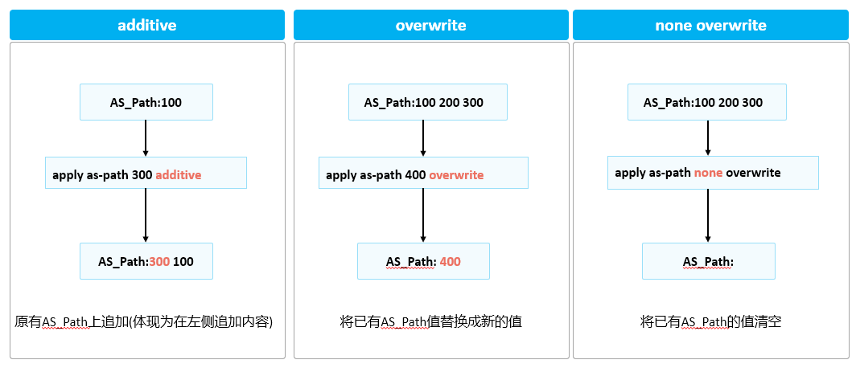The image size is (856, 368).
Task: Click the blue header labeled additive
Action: coord(147,25)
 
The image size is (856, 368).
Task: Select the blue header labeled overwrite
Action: coord(430,25)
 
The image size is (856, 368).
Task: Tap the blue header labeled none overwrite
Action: coord(710,25)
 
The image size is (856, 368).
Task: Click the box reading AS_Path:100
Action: coord(146,102)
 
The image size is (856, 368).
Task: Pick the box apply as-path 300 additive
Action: coord(146,174)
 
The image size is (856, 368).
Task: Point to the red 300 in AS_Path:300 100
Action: coord(159,262)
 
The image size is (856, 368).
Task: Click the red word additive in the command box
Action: coord(178,174)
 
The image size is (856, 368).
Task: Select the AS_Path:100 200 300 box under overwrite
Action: coord(423,102)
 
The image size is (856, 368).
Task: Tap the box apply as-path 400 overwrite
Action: coord(423,174)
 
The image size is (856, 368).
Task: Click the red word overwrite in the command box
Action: coord(456,174)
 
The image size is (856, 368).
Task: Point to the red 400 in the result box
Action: coord(451,262)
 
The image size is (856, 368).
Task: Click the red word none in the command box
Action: coord(708,173)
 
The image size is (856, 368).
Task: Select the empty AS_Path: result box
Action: coord(708,262)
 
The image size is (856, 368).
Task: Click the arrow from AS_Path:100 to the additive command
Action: coord(146,138)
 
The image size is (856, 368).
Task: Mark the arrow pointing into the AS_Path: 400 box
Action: coord(423,216)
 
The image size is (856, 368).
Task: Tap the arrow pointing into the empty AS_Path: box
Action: coord(708,216)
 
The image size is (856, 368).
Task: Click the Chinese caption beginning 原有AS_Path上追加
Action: coord(145,322)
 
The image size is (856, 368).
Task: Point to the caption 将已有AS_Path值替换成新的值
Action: coord(430,322)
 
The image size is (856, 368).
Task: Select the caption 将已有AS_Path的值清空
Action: coord(710,322)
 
